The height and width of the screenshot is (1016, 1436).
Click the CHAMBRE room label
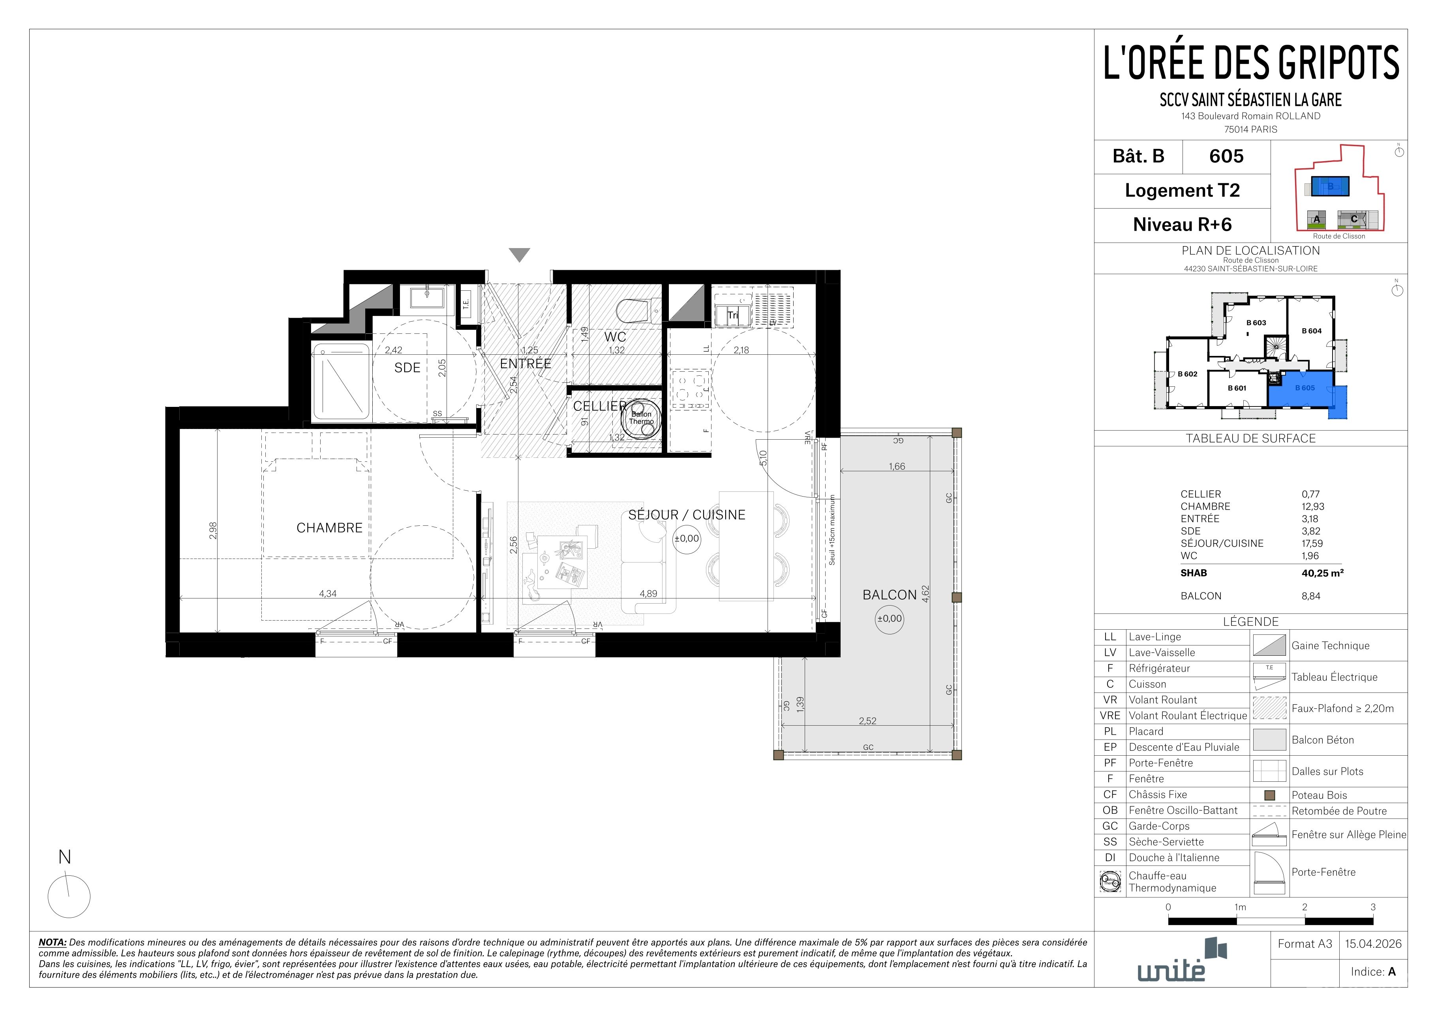click(330, 528)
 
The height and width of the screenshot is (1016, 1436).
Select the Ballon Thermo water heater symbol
click(641, 417)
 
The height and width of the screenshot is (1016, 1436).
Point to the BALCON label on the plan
click(890, 595)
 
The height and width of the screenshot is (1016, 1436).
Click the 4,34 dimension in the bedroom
click(328, 594)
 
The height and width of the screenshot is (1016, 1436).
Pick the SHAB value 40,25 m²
click(1323, 572)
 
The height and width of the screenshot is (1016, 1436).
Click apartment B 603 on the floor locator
click(1256, 323)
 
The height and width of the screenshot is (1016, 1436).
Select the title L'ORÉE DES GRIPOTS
click(1251, 62)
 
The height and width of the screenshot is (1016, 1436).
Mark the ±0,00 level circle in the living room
click(687, 539)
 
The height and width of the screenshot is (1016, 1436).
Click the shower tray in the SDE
click(342, 381)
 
